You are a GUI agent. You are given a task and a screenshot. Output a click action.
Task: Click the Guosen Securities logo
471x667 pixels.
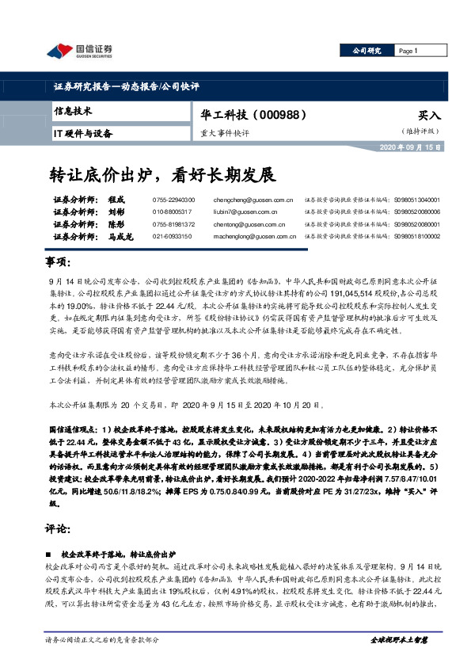pos(79,51)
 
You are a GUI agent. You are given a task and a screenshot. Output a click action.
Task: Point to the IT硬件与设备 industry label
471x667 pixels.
pos(84,134)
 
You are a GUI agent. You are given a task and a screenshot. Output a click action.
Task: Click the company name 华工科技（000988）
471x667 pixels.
pos(253,115)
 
